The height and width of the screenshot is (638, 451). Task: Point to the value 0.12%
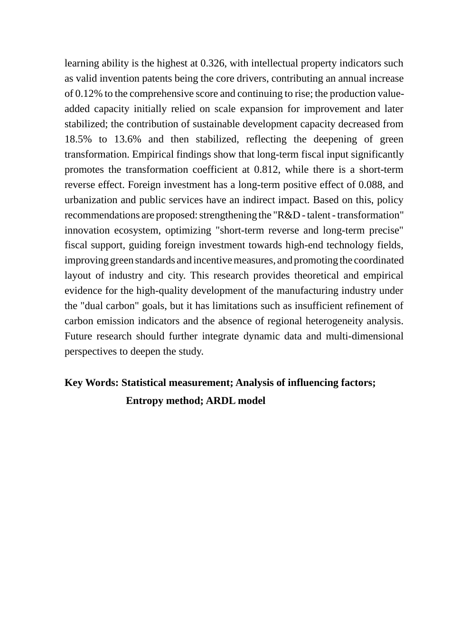pyautogui.click(x=89, y=94)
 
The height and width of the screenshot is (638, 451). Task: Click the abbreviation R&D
pyautogui.click(x=289, y=215)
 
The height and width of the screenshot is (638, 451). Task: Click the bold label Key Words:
pyautogui.click(x=92, y=383)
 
